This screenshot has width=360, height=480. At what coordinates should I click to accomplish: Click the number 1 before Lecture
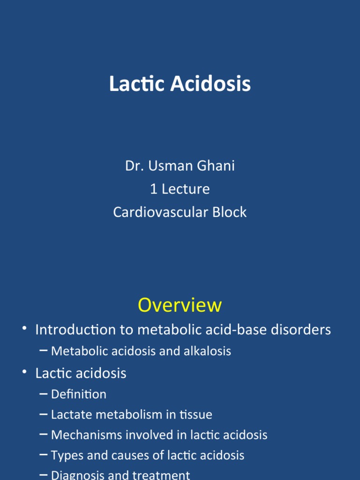pyautogui.click(x=153, y=189)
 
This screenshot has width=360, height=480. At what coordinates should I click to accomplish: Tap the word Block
pyautogui.click(x=229, y=212)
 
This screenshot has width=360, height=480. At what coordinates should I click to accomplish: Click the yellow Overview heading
pyautogui.click(x=180, y=305)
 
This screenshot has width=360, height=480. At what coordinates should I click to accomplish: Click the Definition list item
pyautogui.click(x=79, y=394)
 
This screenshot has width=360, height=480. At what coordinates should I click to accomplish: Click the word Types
pyautogui.click(x=64, y=455)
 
